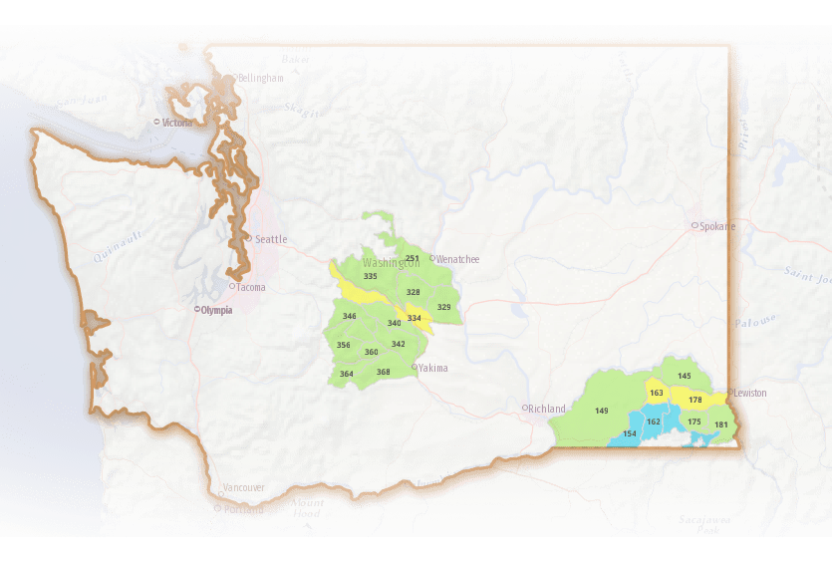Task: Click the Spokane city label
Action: click(716, 226)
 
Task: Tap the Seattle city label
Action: click(270, 239)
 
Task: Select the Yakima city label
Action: click(432, 368)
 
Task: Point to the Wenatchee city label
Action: click(457, 259)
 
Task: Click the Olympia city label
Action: click(215, 310)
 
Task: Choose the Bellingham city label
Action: click(260, 78)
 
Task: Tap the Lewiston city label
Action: click(750, 393)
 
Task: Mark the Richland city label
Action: click(546, 409)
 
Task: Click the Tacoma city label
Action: click(250, 288)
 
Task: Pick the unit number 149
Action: click(602, 411)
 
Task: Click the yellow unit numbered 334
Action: click(415, 318)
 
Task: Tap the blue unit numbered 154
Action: click(630, 433)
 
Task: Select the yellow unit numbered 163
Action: click(657, 393)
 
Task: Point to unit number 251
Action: click(413, 258)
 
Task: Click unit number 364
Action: click(347, 374)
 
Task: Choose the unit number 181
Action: click(721, 425)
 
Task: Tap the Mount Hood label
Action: click(308, 508)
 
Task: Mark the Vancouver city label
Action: click(243, 487)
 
